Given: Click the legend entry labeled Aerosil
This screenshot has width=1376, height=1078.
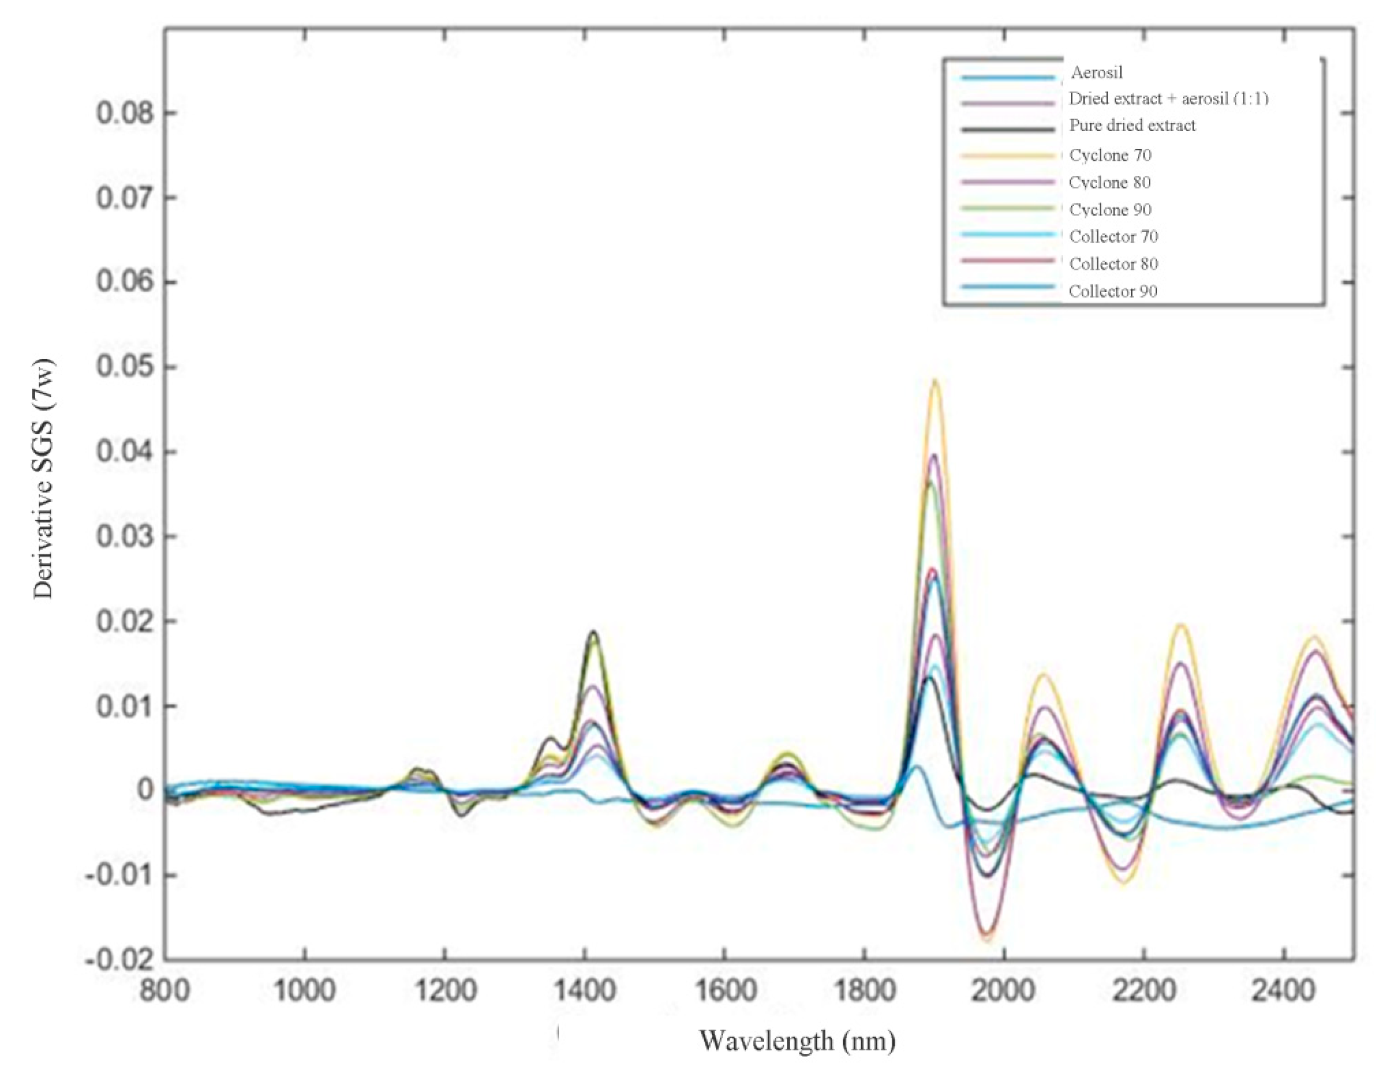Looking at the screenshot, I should (1097, 73).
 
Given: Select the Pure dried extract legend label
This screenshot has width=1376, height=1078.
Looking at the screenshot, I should (1132, 126).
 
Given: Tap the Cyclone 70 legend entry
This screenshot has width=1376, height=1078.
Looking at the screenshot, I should (1110, 155).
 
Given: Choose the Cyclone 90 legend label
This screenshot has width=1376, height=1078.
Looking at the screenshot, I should (1110, 209).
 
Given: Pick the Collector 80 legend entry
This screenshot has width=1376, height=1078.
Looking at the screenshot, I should (1113, 264).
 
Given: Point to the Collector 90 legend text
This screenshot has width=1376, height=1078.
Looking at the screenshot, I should (1113, 292).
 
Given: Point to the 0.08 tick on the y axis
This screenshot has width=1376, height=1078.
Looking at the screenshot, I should (125, 114).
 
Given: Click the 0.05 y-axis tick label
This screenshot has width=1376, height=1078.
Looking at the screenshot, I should (125, 368).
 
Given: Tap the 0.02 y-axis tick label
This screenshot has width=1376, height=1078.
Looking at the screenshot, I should (125, 622).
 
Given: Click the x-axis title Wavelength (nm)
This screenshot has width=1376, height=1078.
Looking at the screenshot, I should (797, 1041).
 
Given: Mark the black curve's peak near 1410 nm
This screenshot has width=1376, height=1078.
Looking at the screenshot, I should (593, 631).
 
